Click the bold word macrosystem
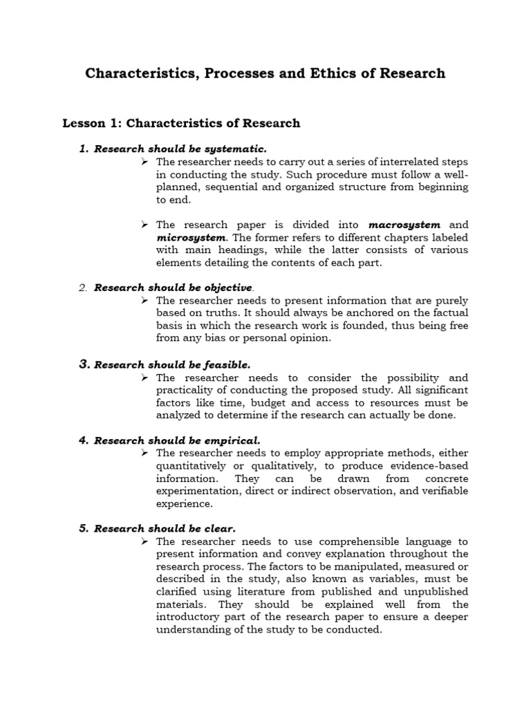tap(404, 225)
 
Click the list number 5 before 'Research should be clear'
tap(83, 528)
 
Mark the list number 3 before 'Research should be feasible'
tap(83, 364)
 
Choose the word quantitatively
tap(199, 465)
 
